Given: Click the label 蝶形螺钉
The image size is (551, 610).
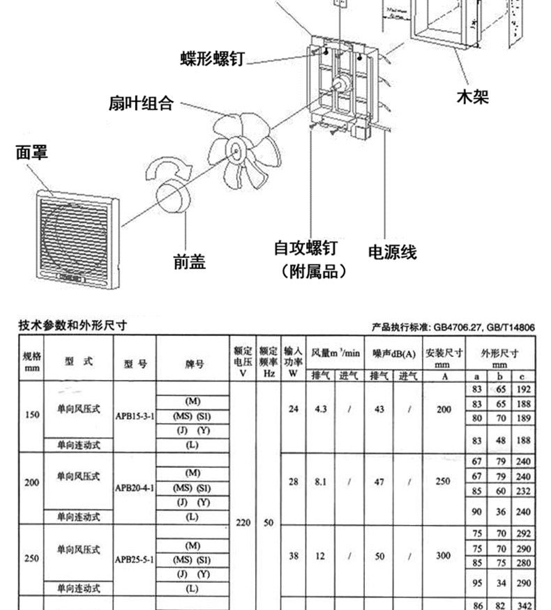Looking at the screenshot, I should click(x=212, y=59).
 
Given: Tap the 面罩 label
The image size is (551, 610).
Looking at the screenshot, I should click(x=32, y=152).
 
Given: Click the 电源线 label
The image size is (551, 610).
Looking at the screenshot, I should click(x=392, y=252).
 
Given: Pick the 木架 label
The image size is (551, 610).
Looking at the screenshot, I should click(x=472, y=96).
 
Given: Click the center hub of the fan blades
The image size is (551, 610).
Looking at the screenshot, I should click(x=233, y=148).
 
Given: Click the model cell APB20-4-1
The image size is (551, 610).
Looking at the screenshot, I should click(x=135, y=487).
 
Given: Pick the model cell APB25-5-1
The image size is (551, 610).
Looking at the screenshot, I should click(x=135, y=559).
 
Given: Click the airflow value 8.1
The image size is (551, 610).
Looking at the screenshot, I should click(x=321, y=481).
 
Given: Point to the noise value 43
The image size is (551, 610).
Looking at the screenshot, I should click(x=379, y=409).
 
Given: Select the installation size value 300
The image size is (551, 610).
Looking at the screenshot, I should click(x=444, y=556).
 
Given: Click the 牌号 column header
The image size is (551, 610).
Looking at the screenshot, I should click(x=193, y=363).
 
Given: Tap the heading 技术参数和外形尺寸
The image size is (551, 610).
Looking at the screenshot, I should click(x=73, y=326).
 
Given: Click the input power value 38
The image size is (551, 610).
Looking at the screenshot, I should click(x=293, y=556).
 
